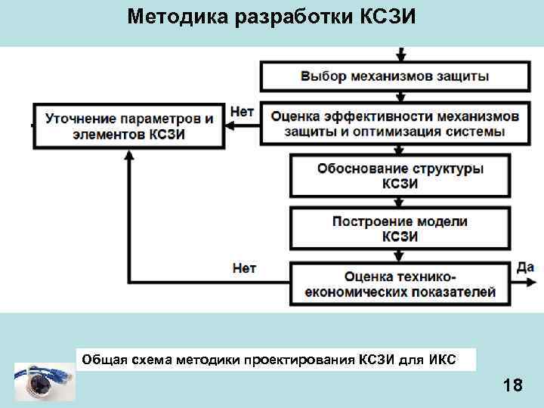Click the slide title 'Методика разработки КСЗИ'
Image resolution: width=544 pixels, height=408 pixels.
(272, 17)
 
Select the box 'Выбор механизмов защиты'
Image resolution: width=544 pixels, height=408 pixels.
(394, 76)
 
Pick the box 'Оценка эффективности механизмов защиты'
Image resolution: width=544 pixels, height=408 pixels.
(394, 125)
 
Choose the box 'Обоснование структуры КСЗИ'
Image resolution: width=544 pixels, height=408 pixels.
(400, 175)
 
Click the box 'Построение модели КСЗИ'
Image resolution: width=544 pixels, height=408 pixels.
(400, 229)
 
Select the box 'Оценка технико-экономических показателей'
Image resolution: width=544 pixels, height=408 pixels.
(400, 283)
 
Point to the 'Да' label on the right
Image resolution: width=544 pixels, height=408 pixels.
(525, 267)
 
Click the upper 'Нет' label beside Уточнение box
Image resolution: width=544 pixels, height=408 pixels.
(242, 111)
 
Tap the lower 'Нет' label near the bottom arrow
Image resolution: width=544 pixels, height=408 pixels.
(244, 267)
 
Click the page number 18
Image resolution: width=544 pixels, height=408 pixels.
(512, 386)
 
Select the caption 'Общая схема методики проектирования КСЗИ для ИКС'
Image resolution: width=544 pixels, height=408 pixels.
(268, 359)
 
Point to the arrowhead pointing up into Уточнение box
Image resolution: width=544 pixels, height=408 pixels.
(129, 156)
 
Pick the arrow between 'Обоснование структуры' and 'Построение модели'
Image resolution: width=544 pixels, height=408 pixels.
(400, 202)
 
